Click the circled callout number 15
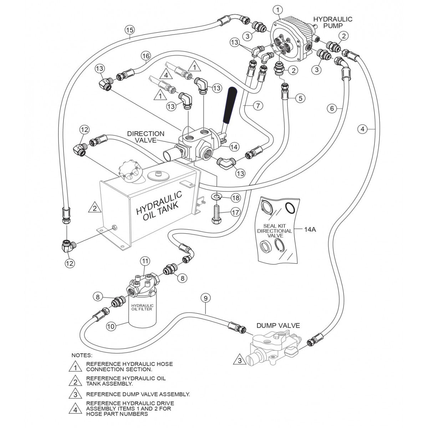click(x=129, y=30)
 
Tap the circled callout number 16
click(x=145, y=56)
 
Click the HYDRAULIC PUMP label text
click(x=332, y=22)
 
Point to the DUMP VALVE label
click(x=278, y=325)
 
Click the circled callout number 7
click(x=258, y=106)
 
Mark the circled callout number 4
click(x=362, y=129)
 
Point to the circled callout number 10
click(x=111, y=325)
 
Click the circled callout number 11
click(x=144, y=261)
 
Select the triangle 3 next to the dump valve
click(x=240, y=360)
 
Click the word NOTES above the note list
click(x=82, y=355)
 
